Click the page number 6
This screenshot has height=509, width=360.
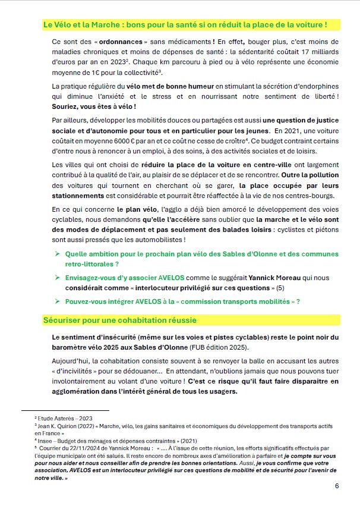pos(337,485)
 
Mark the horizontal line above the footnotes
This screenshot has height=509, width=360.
pos(65,410)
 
